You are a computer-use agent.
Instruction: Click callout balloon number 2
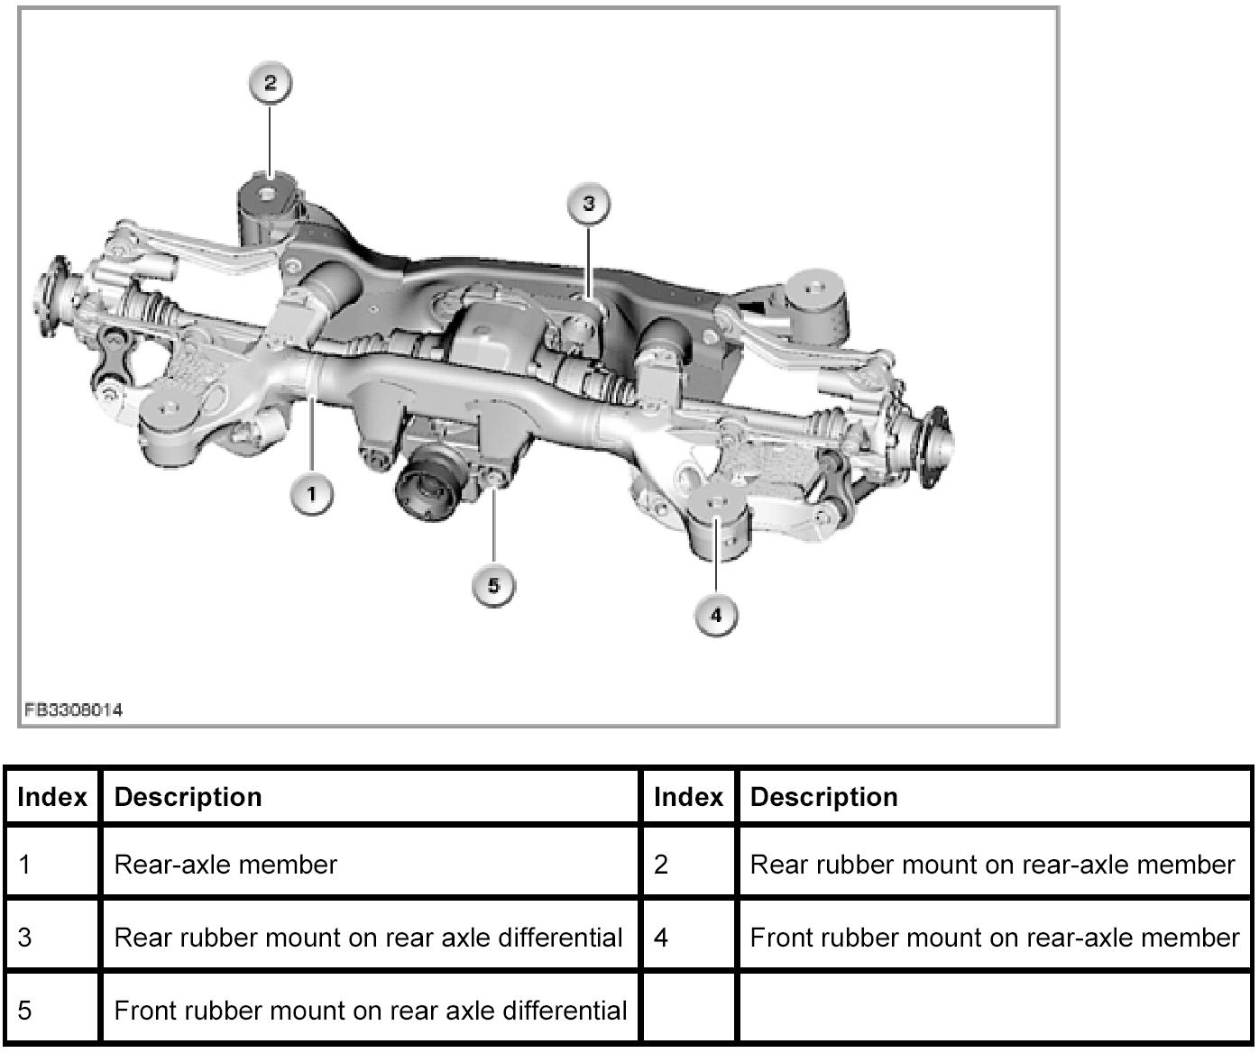click(270, 83)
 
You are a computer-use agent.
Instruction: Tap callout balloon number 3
click(589, 204)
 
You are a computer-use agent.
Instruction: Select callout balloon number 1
click(312, 494)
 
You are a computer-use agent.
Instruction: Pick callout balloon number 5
click(493, 585)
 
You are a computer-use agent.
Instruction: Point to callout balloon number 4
click(716, 615)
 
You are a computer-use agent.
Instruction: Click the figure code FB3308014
click(73, 710)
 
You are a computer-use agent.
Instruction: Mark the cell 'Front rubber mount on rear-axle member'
click(995, 938)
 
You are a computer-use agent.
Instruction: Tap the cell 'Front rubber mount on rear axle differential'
click(371, 1011)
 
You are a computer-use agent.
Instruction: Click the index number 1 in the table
click(24, 865)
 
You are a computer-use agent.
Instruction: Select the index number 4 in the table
click(661, 938)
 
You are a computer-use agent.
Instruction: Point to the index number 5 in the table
click(24, 1011)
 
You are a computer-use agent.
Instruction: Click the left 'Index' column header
click(52, 797)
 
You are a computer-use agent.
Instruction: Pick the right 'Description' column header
click(823, 797)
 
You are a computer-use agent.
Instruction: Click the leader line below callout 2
click(270, 141)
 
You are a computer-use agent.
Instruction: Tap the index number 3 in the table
click(24, 938)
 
